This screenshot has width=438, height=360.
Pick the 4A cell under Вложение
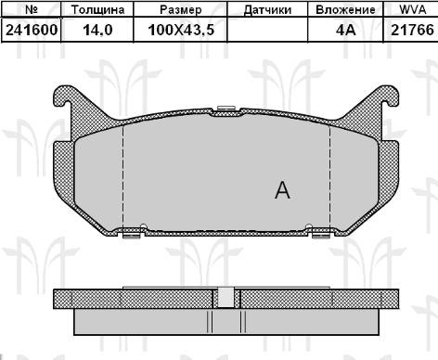pyautogui.click(x=345, y=30)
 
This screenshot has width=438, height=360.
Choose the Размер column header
pyautogui.click(x=180, y=10)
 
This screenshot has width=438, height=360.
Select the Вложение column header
pyautogui.click(x=345, y=10)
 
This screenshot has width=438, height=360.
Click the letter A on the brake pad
pyautogui.click(x=283, y=191)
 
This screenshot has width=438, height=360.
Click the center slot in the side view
pyautogui.click(x=225, y=298)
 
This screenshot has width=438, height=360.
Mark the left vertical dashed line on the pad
pyautogui.click(x=123, y=176)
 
